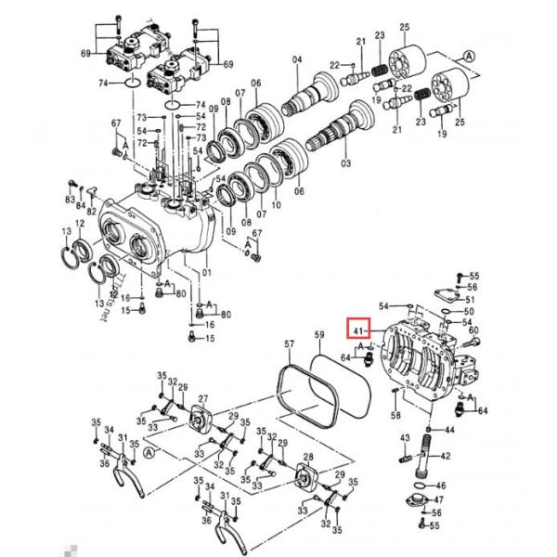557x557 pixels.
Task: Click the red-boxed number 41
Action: tap(359, 329)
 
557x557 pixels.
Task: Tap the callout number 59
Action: tap(319, 334)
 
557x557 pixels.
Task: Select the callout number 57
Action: tap(288, 344)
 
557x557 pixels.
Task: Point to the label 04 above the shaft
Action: tap(297, 60)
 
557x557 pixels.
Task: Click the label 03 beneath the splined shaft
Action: tap(346, 162)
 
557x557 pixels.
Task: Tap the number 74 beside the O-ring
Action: tap(105, 83)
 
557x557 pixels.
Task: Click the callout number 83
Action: tap(70, 201)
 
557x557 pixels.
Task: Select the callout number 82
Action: tap(91, 212)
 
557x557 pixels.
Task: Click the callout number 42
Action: tap(446, 456)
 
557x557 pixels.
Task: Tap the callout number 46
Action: tap(441, 486)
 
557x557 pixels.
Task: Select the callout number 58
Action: tap(396, 415)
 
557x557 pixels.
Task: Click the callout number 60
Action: tap(473, 330)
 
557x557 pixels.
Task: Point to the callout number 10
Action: tap(276, 205)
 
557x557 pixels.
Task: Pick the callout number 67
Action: tap(116, 123)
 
